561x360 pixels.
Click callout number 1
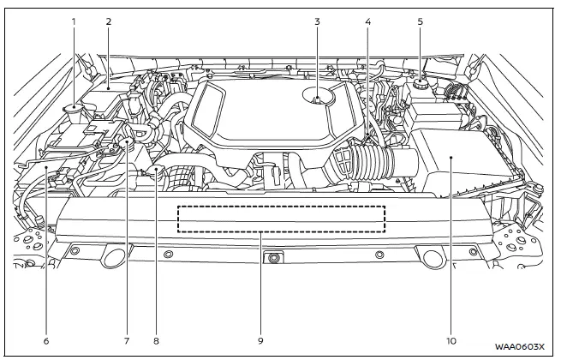tap(74, 19)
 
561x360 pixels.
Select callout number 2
tap(109, 19)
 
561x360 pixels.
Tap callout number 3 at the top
tap(316, 19)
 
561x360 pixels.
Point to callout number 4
tap(367, 19)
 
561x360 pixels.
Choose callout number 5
tap(420, 19)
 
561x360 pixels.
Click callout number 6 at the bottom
tap(46, 340)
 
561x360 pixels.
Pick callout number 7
tap(126, 340)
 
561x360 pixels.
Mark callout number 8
tap(156, 340)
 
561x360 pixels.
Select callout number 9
tap(261, 340)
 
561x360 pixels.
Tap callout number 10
tap(451, 340)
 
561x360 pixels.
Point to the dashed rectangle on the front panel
tap(281, 219)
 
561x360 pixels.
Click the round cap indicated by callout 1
tap(74, 109)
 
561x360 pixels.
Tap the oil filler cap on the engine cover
tap(318, 100)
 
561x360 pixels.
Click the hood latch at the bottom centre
tap(273, 257)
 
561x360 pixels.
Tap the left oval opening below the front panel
tap(113, 255)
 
